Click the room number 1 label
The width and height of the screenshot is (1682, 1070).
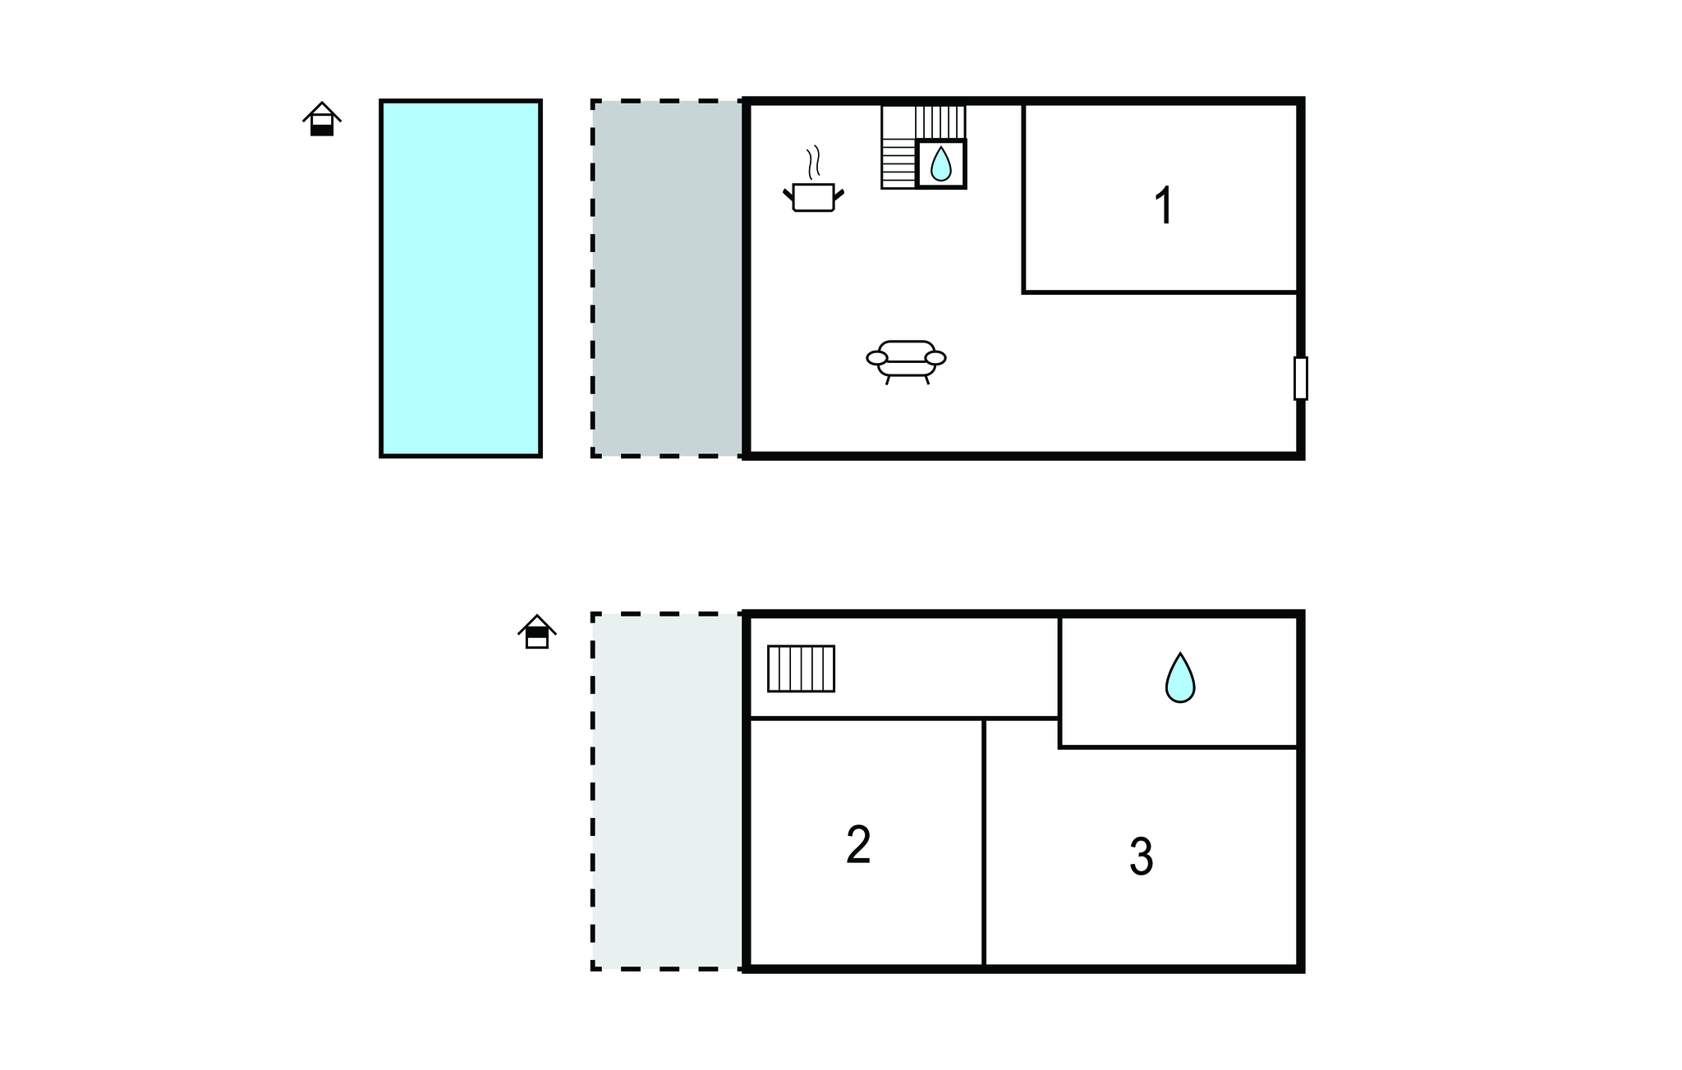tap(1164, 205)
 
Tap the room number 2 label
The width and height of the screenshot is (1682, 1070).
tap(858, 845)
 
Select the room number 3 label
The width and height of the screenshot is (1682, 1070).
tap(1142, 857)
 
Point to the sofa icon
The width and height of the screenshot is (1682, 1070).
tap(907, 362)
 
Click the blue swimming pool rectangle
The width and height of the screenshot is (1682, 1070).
tap(461, 278)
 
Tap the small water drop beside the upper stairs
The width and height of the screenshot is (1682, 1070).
tap(940, 163)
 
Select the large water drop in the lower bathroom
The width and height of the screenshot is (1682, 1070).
tap(1180, 678)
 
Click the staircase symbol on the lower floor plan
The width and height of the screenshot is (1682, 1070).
tap(801, 668)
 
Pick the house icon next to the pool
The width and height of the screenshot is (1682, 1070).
tap(322, 119)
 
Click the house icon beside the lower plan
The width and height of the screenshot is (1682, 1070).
tap(537, 631)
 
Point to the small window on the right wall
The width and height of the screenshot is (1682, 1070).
tap(1300, 379)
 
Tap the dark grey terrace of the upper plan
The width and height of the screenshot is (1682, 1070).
tap(668, 278)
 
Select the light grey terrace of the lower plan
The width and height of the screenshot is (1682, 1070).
tap(668, 792)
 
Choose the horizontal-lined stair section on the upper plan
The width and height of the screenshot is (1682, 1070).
tap(898, 163)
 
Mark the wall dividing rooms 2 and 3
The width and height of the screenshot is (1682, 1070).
tap(984, 843)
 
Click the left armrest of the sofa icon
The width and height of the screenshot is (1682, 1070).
tap(877, 358)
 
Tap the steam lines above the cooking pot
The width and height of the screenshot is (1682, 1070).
tap(813, 163)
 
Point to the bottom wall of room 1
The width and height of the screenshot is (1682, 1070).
tap(1160, 292)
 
